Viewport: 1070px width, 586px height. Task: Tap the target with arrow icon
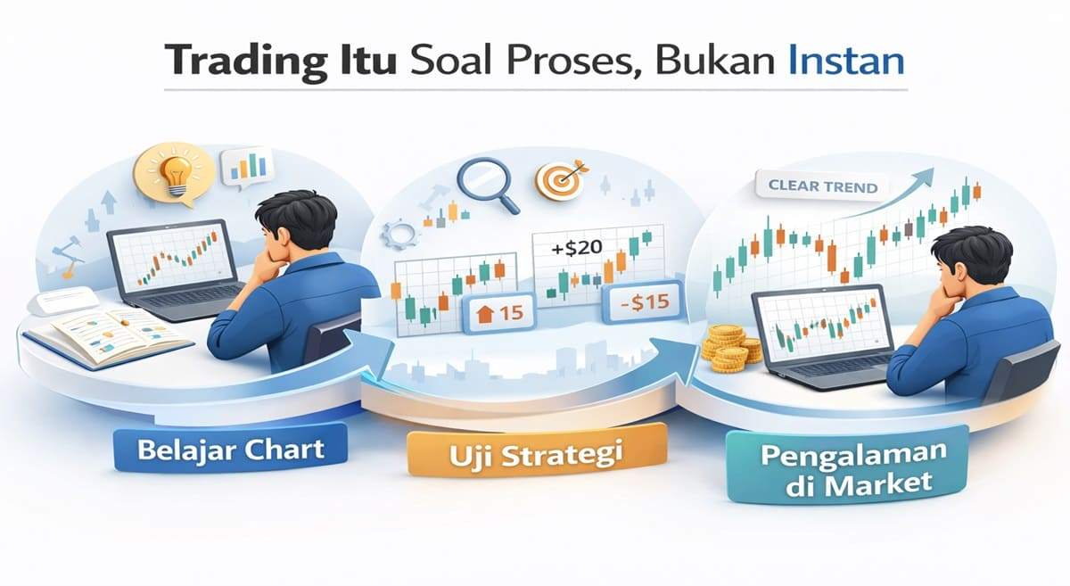pos(560,179)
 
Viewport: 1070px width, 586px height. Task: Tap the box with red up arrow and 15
pos(496,315)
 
